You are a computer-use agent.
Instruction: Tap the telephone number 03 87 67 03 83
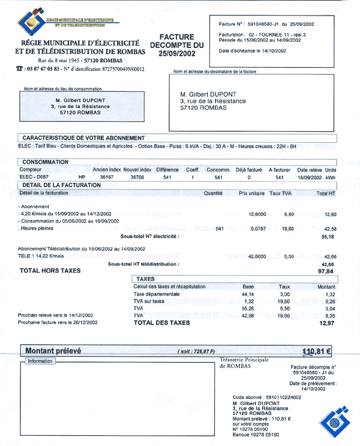point(42,69)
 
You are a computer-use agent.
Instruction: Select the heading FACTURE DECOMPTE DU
point(176,41)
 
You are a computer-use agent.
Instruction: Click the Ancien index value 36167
point(106,177)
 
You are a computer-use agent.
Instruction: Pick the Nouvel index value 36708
point(138,177)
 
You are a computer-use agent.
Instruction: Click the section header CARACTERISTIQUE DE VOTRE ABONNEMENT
point(83,138)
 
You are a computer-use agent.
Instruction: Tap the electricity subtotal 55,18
point(328,237)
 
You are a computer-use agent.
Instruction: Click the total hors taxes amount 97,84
point(325,272)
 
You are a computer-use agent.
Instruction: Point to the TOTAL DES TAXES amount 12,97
point(326,323)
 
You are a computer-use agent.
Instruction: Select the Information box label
point(40,361)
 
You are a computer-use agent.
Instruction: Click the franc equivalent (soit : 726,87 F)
point(196,351)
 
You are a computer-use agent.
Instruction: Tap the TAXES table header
point(146,279)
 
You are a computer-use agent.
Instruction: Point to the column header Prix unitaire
point(251,193)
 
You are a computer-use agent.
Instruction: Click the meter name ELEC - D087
point(34,177)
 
